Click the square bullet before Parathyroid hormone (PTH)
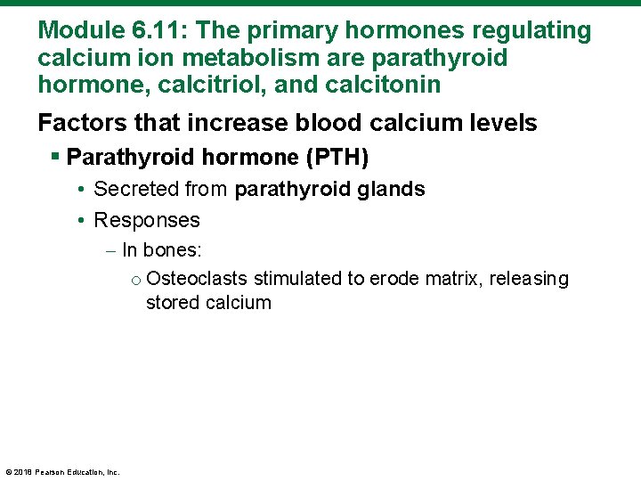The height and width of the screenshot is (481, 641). [x=56, y=158]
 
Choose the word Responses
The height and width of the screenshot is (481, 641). [x=147, y=219]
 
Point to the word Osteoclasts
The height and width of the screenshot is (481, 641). [x=197, y=279]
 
